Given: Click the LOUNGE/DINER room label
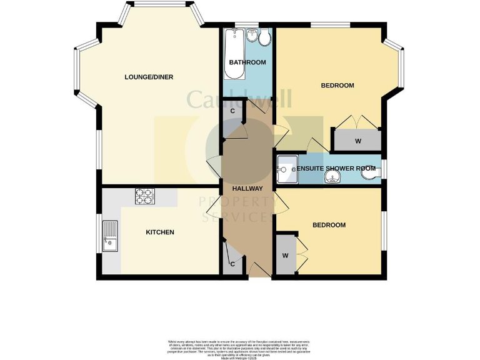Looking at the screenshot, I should tap(149, 77).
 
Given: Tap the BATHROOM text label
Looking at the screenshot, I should tap(247, 62).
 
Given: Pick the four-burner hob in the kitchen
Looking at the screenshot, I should tap(144, 196).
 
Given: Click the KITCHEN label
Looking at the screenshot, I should tap(159, 232).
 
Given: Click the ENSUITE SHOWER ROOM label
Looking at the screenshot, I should tap(336, 168).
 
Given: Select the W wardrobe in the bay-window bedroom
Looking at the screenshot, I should tap(357, 141).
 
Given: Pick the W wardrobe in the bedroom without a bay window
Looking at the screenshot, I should tap(285, 255).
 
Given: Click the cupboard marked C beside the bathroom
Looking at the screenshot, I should tap(232, 111).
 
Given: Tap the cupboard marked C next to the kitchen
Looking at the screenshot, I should tap(232, 263).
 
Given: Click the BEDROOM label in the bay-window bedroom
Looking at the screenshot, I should tap(337, 86).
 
